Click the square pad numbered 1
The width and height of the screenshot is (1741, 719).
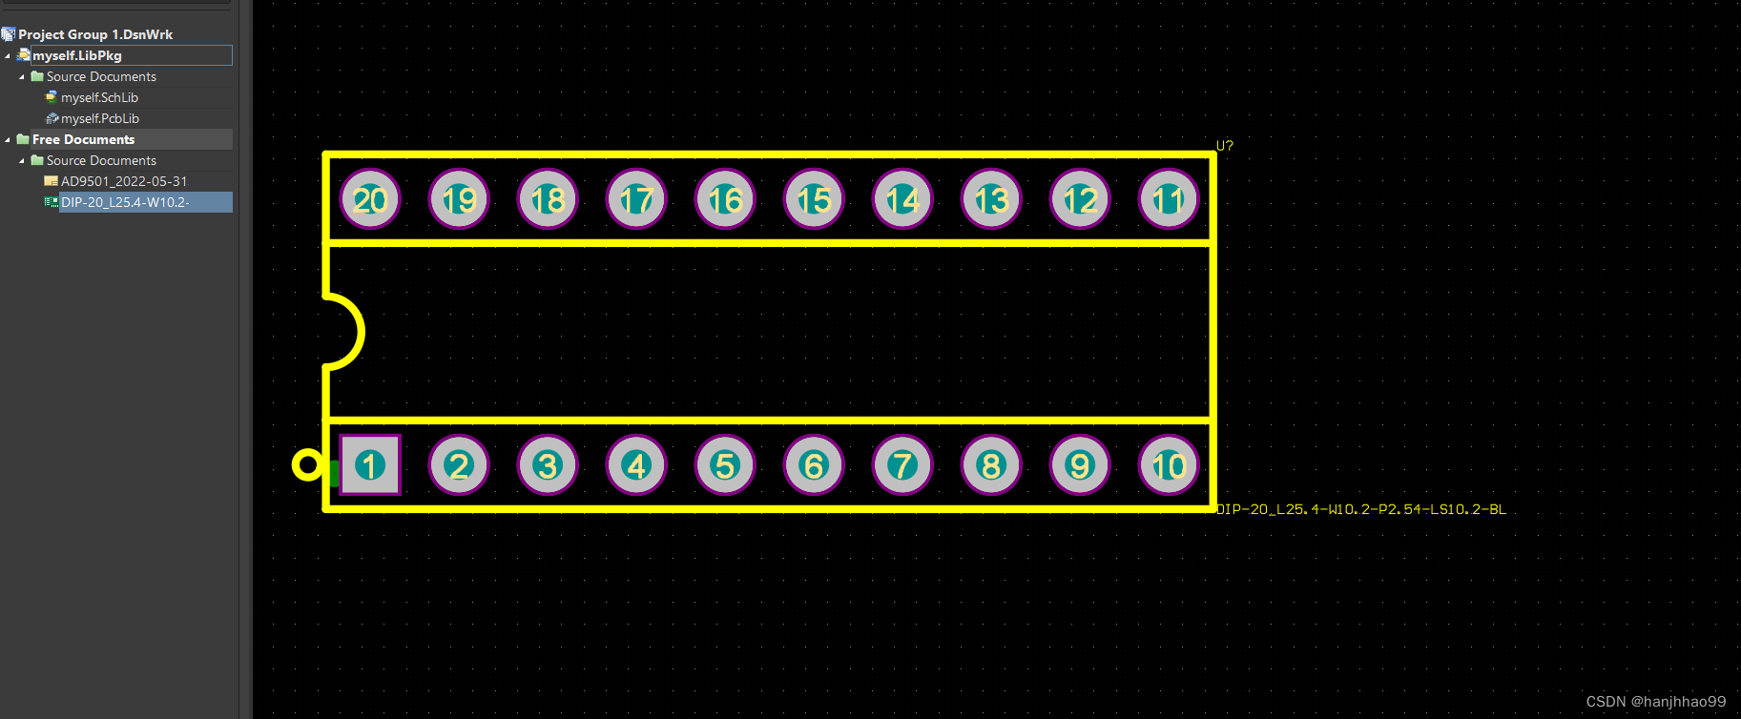370,465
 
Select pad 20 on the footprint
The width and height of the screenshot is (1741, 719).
370,199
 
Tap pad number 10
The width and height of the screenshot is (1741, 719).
1169,465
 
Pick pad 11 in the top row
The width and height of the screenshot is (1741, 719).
1169,199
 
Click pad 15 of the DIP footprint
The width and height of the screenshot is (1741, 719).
814,199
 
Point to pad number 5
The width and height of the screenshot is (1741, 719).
725,465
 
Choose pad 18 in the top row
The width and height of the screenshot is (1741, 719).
548,199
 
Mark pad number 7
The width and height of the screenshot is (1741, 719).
902,465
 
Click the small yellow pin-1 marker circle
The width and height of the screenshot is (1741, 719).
307,465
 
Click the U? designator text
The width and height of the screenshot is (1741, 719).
1225,146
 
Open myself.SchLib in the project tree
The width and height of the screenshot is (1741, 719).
99,97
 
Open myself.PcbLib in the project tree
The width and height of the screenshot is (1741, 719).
99,118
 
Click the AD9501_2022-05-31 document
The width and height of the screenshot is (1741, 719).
124,181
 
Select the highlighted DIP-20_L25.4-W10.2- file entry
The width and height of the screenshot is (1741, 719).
125,202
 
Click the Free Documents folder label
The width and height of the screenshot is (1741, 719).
83,139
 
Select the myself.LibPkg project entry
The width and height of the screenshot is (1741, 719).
77,55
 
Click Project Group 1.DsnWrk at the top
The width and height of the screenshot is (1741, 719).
95,34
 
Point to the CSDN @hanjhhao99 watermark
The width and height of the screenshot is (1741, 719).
1655,702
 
